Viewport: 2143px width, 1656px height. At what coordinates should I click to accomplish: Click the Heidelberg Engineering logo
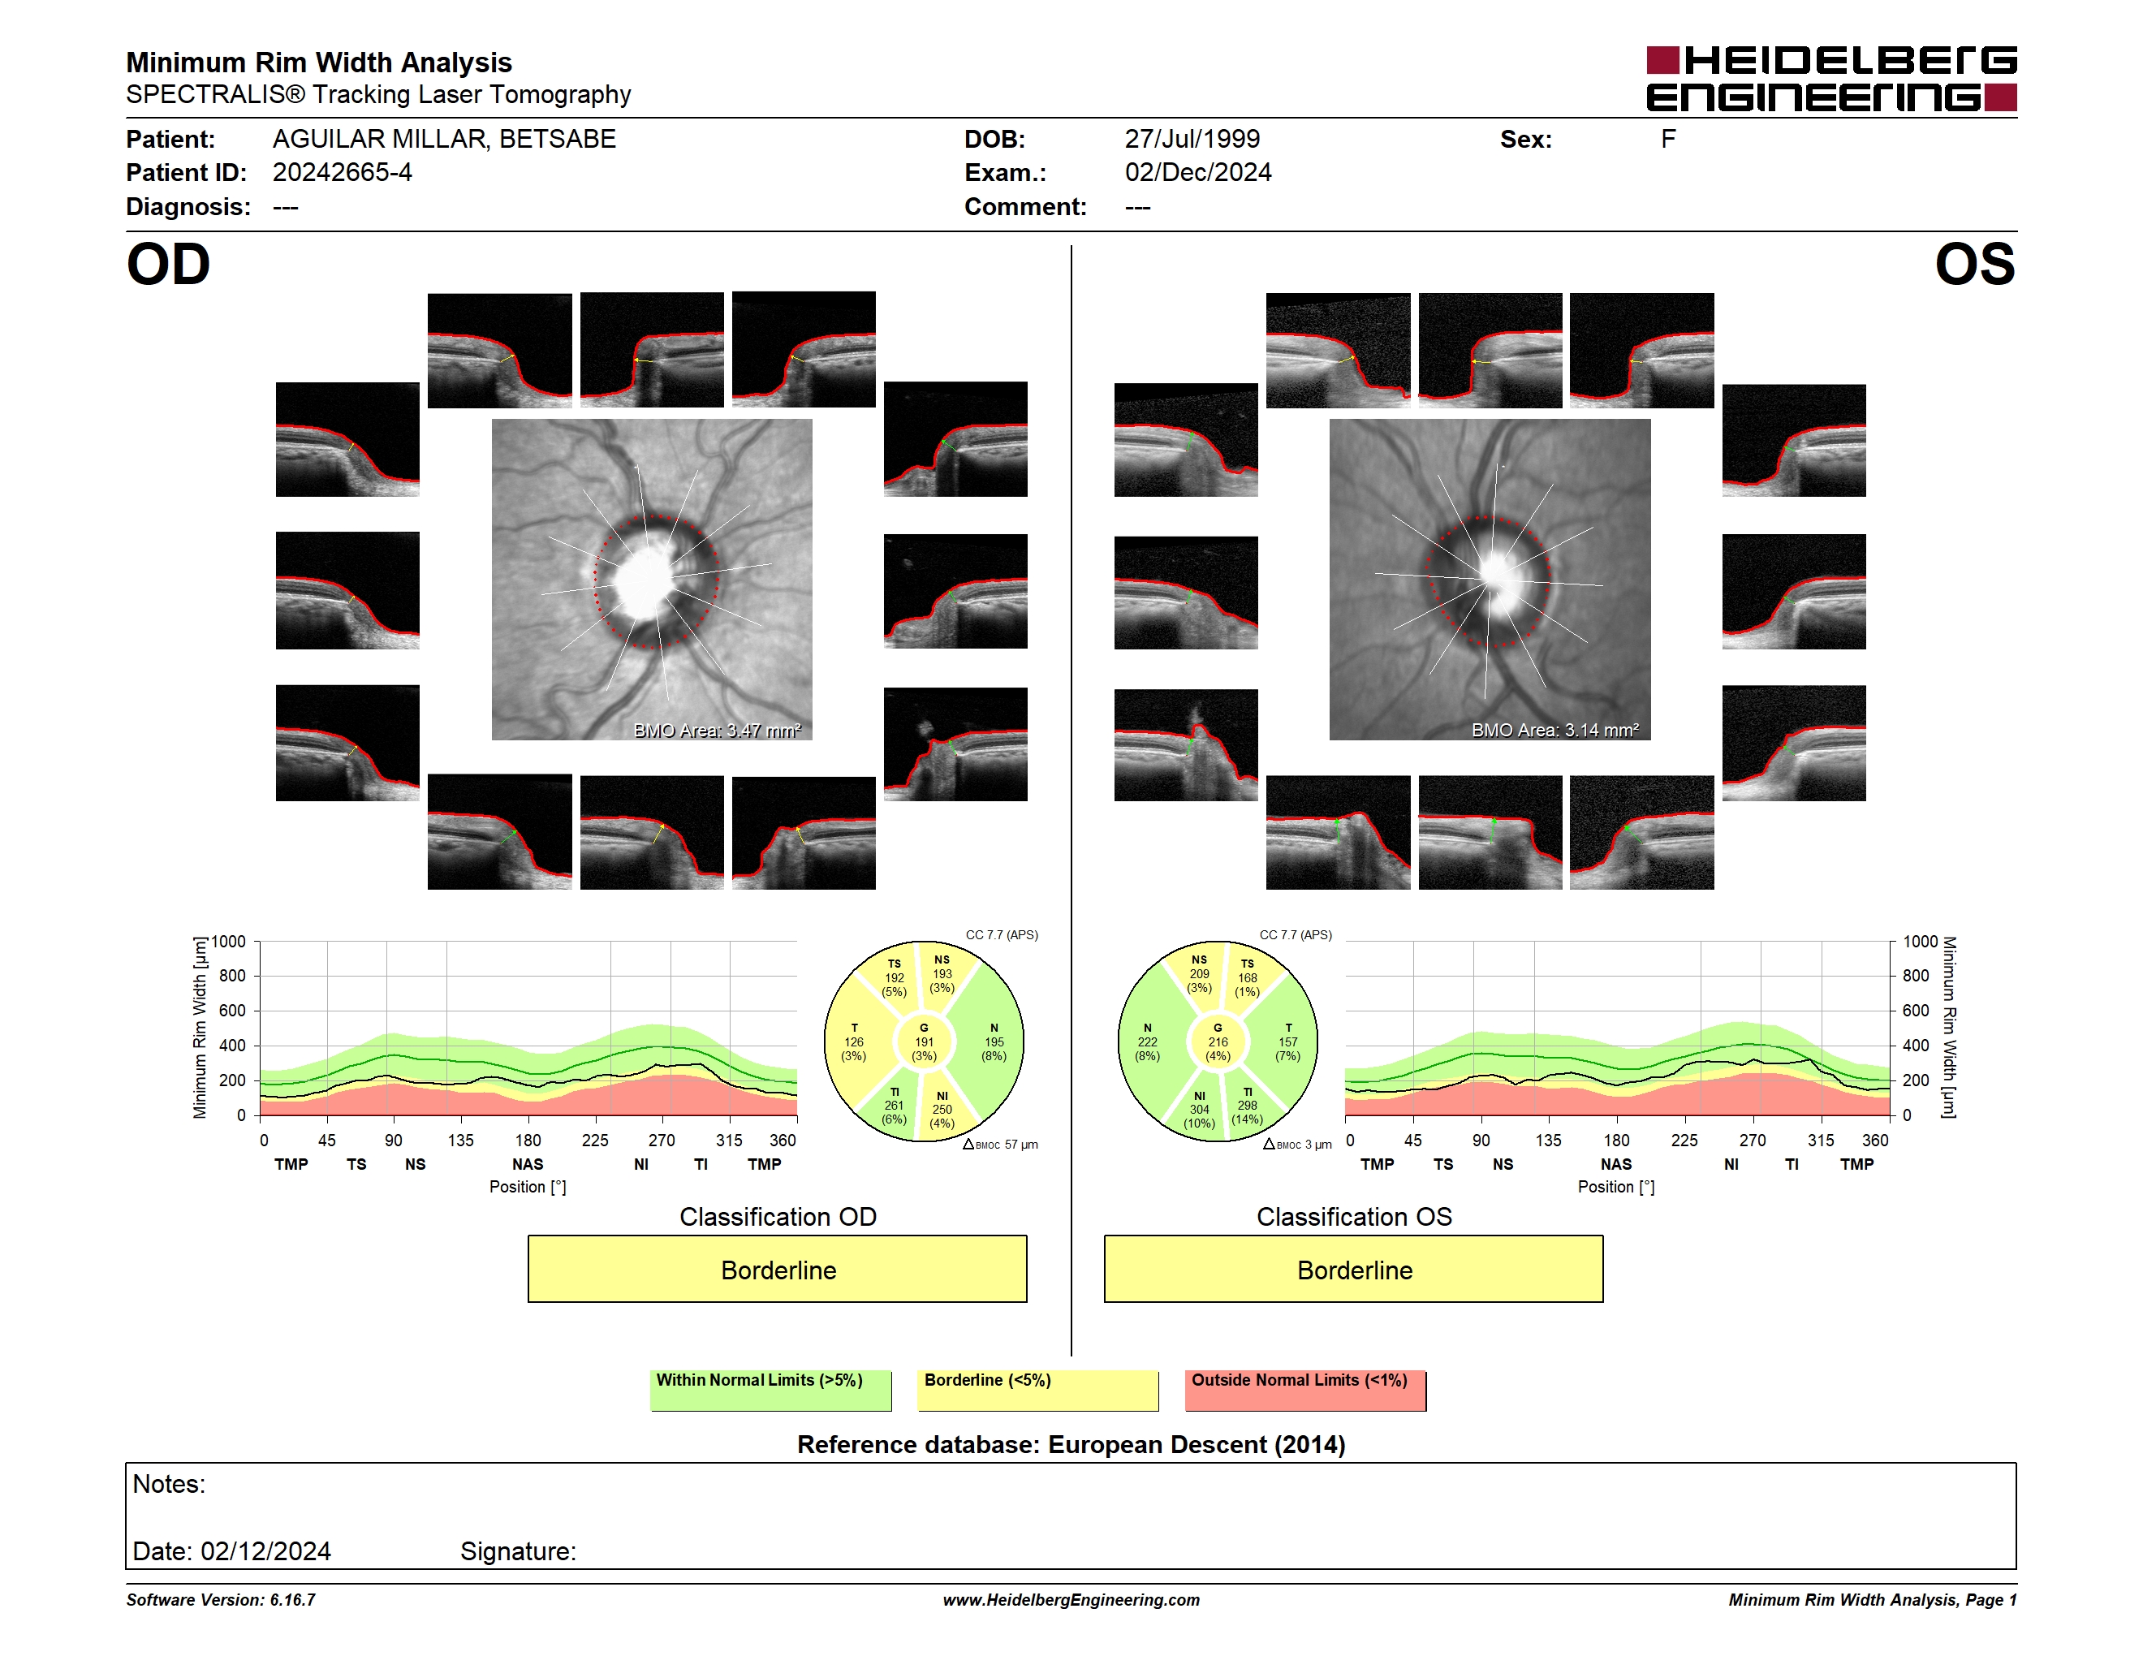click(x=1831, y=79)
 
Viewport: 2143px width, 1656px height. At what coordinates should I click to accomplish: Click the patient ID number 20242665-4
click(x=342, y=173)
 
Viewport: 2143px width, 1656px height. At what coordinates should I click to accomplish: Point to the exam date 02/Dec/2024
click(x=1197, y=173)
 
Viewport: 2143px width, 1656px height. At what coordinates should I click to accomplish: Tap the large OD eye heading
click(x=168, y=265)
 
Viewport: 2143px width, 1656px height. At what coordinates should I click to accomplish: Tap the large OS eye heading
click(x=1974, y=265)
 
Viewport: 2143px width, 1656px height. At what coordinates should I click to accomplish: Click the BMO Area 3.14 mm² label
click(x=1554, y=730)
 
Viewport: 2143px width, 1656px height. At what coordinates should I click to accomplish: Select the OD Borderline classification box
click(x=777, y=1269)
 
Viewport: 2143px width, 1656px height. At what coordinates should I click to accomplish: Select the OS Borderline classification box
click(x=1353, y=1269)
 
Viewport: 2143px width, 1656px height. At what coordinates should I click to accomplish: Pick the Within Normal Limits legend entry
click(x=770, y=1390)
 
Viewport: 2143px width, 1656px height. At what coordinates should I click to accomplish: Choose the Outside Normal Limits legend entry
click(x=1305, y=1390)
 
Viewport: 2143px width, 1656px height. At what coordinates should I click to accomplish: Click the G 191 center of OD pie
click(x=923, y=1041)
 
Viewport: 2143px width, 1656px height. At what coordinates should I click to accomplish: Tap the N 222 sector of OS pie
click(x=1147, y=1041)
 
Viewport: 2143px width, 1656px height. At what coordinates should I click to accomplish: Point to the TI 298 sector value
click(x=1247, y=1106)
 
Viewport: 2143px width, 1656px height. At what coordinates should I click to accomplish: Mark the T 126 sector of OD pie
click(x=854, y=1041)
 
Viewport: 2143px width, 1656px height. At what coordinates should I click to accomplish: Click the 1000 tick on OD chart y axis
click(x=229, y=942)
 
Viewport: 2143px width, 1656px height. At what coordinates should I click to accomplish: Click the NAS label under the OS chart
click(x=1616, y=1165)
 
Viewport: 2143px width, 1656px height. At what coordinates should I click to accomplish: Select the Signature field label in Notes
click(x=518, y=1551)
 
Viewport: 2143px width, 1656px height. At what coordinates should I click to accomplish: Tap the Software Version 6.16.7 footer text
click(x=221, y=1600)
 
